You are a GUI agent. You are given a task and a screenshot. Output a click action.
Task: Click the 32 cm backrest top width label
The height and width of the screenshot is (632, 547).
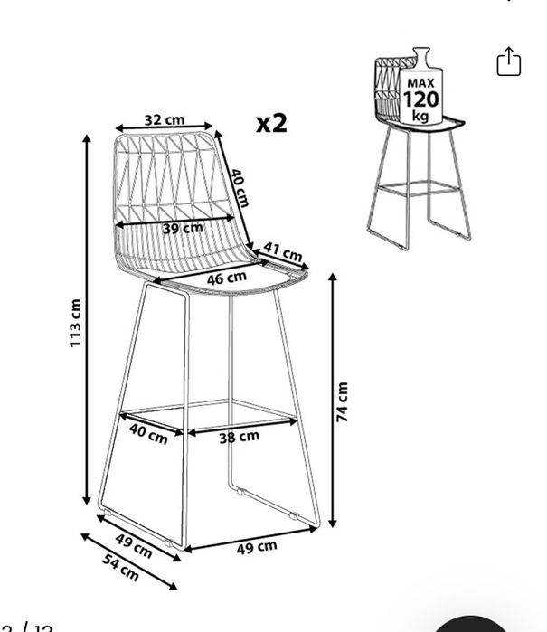165,119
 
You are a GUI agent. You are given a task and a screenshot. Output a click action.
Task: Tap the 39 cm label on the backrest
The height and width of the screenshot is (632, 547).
183,229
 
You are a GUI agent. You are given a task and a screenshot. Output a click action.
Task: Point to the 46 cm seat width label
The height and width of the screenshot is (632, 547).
227,278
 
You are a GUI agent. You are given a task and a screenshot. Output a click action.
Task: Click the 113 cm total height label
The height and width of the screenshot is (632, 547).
75,323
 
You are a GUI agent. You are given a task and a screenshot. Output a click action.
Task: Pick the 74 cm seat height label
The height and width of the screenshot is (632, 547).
343,402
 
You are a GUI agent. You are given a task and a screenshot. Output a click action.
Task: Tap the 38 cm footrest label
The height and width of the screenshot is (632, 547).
239,437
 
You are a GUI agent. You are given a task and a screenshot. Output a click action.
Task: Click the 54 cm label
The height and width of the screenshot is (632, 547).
120,567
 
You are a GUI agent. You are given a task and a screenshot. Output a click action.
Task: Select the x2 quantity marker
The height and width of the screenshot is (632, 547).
271,123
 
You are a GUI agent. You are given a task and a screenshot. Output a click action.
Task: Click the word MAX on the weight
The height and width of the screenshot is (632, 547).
420,83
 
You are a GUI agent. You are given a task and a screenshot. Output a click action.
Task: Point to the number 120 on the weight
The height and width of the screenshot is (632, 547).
420,99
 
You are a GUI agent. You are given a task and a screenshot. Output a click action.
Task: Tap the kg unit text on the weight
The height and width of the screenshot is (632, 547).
420,116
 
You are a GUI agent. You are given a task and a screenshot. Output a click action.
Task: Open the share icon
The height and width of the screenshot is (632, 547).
509,61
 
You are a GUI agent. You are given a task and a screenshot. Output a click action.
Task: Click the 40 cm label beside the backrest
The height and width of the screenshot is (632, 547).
239,188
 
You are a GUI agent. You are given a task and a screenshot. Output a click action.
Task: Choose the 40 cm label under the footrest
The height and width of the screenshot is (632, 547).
148,434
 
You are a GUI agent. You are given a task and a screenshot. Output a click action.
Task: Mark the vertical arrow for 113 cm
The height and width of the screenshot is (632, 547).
87,320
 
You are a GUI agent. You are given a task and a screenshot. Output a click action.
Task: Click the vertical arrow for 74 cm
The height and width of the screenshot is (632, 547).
333,401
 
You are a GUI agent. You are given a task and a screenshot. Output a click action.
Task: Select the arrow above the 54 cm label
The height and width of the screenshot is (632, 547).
129,561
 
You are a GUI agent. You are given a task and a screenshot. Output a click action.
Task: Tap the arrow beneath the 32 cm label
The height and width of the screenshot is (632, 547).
164,127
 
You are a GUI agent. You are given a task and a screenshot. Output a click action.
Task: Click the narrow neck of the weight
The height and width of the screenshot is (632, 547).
421,55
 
